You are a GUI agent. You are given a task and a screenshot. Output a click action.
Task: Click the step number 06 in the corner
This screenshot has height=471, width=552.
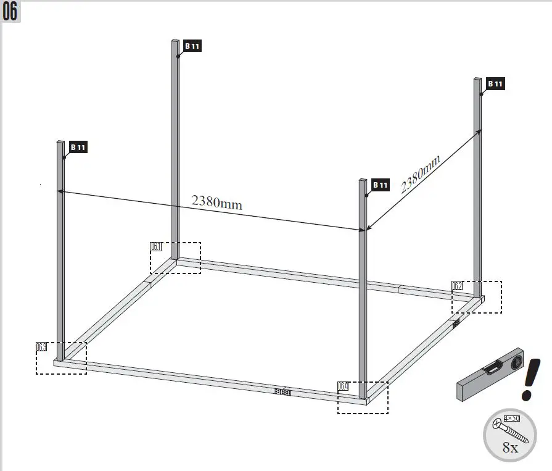pyautogui.click(x=10, y=12)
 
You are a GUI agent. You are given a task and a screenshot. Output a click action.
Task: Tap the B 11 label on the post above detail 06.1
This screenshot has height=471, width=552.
pyautogui.click(x=192, y=46)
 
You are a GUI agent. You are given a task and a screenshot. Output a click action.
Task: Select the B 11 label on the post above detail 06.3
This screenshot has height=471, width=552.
pyautogui.click(x=78, y=147)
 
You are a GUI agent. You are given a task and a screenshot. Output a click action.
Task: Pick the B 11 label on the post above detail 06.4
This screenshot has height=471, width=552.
pyautogui.click(x=381, y=185)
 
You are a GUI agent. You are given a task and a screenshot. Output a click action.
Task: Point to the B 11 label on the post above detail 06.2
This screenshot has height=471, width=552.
pyautogui.click(x=495, y=83)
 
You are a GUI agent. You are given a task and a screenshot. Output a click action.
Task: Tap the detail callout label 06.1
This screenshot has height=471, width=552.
pyautogui.click(x=156, y=247)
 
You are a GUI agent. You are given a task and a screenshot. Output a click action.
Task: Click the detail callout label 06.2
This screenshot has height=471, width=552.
pyautogui.click(x=457, y=286)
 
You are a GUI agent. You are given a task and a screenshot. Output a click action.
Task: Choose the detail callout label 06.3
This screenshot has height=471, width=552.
pyautogui.click(x=41, y=347)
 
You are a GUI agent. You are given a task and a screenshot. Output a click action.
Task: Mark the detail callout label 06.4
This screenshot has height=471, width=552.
pyautogui.click(x=343, y=386)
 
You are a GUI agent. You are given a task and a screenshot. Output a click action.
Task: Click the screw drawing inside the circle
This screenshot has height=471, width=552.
pyautogui.click(x=509, y=430)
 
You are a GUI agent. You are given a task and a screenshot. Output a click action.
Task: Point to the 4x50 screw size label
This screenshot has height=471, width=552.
pyautogui.click(x=512, y=419)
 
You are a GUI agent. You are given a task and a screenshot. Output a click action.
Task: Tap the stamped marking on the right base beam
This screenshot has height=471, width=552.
pyautogui.click(x=456, y=323)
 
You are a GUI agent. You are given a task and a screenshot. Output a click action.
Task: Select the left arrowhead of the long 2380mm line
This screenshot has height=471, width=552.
pyautogui.click(x=60, y=191)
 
